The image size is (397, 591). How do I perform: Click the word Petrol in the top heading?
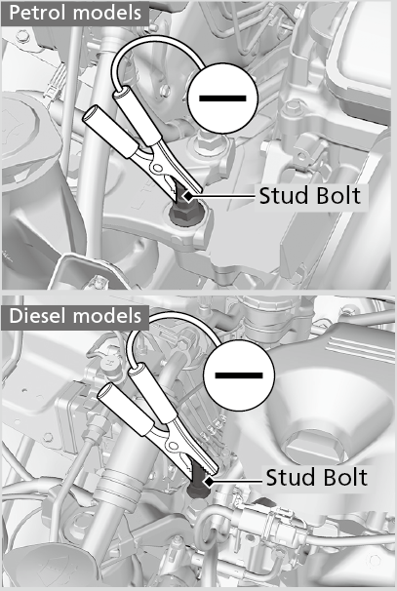pyautogui.click(x=38, y=13)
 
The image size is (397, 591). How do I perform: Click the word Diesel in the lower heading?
pyautogui.click(x=38, y=315)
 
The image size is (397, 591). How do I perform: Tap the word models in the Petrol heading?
pyautogui.click(x=107, y=13)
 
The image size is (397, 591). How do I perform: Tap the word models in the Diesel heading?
pyautogui.click(x=107, y=315)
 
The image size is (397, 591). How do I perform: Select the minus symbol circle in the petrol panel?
pyautogui.click(x=222, y=98)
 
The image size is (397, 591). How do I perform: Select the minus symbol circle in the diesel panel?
pyautogui.click(x=239, y=375)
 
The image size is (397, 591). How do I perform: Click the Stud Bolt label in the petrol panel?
pyautogui.click(x=310, y=195)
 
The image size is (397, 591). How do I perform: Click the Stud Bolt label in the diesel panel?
pyautogui.click(x=316, y=477)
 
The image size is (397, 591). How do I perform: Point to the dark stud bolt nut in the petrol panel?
pyautogui.click(x=185, y=213)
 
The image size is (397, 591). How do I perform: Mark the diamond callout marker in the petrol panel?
pyautogui.click(x=187, y=196)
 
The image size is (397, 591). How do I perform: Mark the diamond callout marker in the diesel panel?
pyautogui.click(x=208, y=482)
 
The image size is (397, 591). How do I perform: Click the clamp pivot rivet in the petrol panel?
pyautogui.click(x=155, y=167)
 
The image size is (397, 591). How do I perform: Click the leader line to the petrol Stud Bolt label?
pyautogui.click(x=222, y=196)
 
